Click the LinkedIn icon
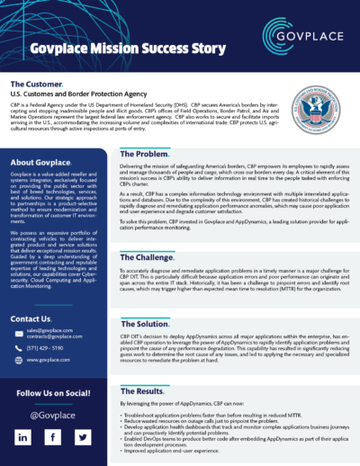tap(22, 436)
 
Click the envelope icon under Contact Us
tap(18, 333)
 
